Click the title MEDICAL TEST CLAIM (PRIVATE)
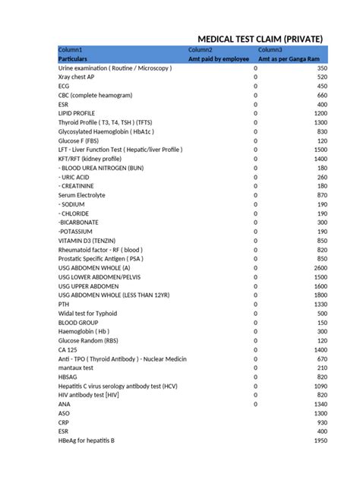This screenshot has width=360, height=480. [260, 39]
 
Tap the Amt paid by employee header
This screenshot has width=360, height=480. [219, 59]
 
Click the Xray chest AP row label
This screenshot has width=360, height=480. [76, 77]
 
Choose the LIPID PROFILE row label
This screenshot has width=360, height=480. [77, 113]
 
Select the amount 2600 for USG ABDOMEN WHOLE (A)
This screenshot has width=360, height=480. [320, 268]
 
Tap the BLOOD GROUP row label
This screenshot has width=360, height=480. [78, 322]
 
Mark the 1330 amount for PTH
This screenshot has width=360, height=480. [320, 304]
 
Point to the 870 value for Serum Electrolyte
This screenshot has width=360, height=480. [322, 195]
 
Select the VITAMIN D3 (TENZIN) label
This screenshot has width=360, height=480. [86, 241]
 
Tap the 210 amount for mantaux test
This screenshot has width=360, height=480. [322, 368]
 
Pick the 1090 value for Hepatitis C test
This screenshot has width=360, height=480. [320, 386]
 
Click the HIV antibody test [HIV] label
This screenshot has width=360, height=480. [88, 395]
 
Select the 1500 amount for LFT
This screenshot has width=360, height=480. [320, 150]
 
